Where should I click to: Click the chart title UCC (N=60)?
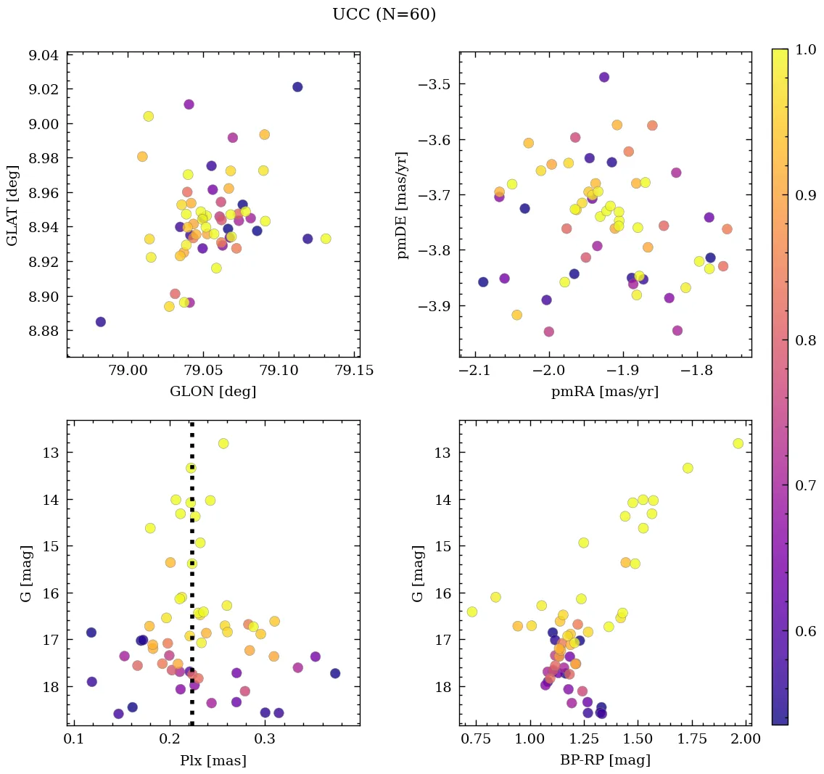384,15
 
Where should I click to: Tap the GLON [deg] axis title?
213,392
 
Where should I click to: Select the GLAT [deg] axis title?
13,205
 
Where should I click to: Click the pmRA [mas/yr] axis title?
605,392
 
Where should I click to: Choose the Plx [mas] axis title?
213,760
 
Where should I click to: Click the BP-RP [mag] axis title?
605,760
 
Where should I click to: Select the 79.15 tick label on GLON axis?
355,371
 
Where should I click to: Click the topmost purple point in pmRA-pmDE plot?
603,77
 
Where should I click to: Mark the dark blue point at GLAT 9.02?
297,87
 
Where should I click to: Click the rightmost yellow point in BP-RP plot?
738,443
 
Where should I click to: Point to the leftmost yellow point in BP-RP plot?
472,612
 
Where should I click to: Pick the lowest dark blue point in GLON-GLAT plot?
101,321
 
